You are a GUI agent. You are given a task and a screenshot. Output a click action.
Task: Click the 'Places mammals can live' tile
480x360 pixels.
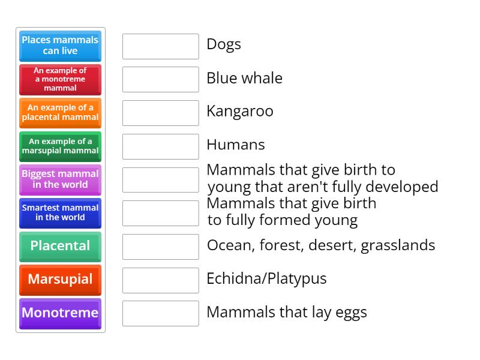pyautogui.click(x=60, y=46)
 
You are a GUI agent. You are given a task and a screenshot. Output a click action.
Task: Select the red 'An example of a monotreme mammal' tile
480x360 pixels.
pyautogui.click(x=60, y=79)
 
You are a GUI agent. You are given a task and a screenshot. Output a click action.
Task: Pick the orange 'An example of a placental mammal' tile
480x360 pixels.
pyautogui.click(x=60, y=113)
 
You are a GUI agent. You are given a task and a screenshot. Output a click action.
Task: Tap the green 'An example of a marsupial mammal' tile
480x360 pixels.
pyautogui.click(x=60, y=146)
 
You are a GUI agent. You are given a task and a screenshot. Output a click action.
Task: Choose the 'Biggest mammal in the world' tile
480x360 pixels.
pyautogui.click(x=60, y=179)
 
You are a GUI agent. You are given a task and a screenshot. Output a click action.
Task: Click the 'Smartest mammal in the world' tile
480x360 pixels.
pyautogui.click(x=60, y=213)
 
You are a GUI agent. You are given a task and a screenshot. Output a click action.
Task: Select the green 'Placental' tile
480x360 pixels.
pyautogui.click(x=60, y=246)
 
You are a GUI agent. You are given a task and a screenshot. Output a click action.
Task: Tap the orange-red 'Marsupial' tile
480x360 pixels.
pyautogui.click(x=60, y=280)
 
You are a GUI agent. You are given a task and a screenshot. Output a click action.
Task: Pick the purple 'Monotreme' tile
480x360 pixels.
pyautogui.click(x=60, y=313)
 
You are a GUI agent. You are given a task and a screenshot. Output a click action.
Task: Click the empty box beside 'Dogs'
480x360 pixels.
pyautogui.click(x=160, y=46)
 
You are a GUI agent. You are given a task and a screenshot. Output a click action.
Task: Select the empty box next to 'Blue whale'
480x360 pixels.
pyautogui.click(x=160, y=79)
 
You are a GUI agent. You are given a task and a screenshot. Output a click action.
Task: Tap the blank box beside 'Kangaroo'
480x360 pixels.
pyautogui.click(x=160, y=113)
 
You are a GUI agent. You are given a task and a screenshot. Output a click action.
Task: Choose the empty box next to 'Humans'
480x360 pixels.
pyautogui.click(x=160, y=146)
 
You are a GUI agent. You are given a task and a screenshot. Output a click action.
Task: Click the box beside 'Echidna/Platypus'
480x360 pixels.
pyautogui.click(x=160, y=280)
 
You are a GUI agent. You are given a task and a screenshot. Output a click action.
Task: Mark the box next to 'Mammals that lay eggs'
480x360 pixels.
pyautogui.click(x=160, y=313)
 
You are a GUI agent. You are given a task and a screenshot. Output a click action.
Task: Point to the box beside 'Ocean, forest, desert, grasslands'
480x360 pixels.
pyautogui.click(x=160, y=247)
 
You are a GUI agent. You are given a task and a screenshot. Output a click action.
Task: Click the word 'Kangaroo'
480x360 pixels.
pyautogui.click(x=240, y=112)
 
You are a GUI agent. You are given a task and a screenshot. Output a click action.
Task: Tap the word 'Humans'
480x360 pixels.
pyautogui.click(x=236, y=145)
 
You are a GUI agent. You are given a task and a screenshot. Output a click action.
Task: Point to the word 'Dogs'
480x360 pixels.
pyautogui.click(x=224, y=44)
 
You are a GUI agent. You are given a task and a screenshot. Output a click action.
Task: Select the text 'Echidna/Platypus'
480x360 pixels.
pyautogui.click(x=266, y=279)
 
